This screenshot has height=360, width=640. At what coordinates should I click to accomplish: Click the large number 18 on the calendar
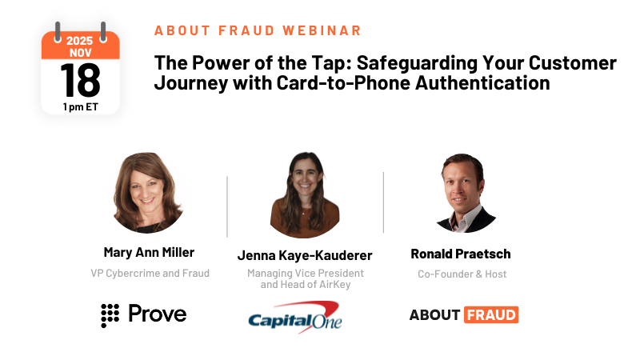(x=80, y=80)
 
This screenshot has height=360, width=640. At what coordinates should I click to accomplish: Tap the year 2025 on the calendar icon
(x=80, y=39)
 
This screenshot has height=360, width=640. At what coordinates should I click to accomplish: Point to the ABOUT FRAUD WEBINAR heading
(x=258, y=30)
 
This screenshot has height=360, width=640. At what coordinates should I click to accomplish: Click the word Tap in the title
(x=304, y=62)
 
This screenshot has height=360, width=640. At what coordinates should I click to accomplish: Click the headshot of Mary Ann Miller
(x=150, y=193)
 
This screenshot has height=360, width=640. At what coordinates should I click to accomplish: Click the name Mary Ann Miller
(x=150, y=253)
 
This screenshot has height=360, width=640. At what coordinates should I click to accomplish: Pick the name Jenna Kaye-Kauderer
(x=305, y=255)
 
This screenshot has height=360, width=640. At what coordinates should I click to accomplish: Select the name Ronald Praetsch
(x=461, y=254)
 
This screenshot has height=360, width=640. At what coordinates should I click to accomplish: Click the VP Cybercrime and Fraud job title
(x=150, y=273)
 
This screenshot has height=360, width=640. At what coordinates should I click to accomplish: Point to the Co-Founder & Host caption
(x=462, y=274)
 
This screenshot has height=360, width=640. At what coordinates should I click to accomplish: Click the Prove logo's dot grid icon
(x=110, y=314)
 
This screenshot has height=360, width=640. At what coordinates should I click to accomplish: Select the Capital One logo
(x=295, y=316)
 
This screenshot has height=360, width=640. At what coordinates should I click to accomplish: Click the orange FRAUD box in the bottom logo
(x=490, y=314)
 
